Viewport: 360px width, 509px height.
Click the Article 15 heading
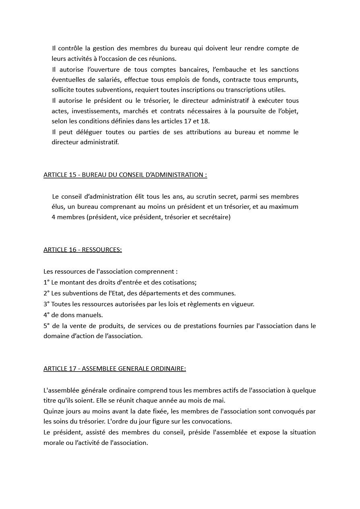[x=125, y=175]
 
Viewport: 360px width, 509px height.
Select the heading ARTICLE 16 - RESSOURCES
[x=83, y=250]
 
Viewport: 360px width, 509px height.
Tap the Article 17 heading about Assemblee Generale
[x=114, y=369]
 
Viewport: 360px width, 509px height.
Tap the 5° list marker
[x=46, y=326]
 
